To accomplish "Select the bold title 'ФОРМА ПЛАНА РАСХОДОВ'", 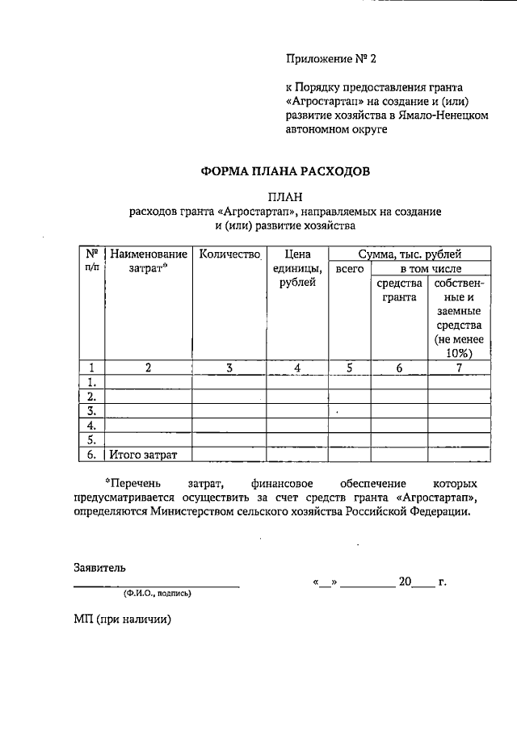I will click(x=285, y=172).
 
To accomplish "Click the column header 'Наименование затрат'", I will click(x=149, y=261).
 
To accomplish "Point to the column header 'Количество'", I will click(x=230, y=254).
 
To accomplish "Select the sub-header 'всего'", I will click(x=350, y=267).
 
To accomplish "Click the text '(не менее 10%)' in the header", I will click(x=458, y=346).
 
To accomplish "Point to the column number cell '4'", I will click(x=297, y=368).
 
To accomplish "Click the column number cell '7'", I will click(x=459, y=368).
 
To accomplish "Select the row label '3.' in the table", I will click(x=92, y=410).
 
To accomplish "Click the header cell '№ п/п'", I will click(x=92, y=260).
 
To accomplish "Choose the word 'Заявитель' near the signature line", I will click(x=99, y=567).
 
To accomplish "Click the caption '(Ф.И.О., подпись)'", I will click(x=158, y=593).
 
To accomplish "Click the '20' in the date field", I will click(x=405, y=581).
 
